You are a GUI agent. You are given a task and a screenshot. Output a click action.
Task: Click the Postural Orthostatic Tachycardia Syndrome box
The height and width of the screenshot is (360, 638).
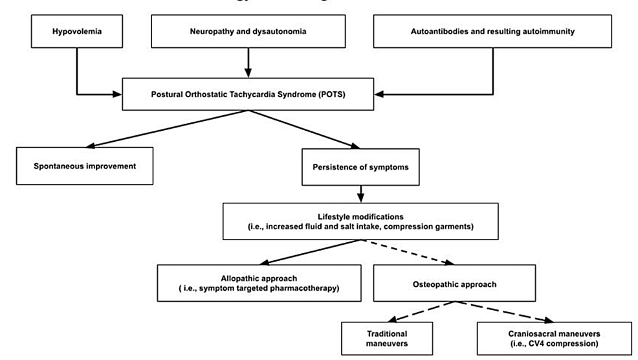click(x=248, y=95)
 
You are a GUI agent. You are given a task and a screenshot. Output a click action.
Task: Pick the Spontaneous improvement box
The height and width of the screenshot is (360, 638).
click(x=85, y=166)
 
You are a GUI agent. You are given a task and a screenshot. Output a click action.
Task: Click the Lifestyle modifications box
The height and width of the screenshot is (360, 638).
click(x=360, y=221)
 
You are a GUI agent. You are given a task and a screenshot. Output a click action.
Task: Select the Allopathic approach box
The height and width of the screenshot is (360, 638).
click(x=259, y=283)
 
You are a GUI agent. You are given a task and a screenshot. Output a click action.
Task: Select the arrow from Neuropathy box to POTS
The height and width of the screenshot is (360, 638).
click(x=248, y=62)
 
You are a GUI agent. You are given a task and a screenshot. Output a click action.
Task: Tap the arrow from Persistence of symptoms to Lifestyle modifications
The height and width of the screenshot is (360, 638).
click(x=360, y=193)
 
